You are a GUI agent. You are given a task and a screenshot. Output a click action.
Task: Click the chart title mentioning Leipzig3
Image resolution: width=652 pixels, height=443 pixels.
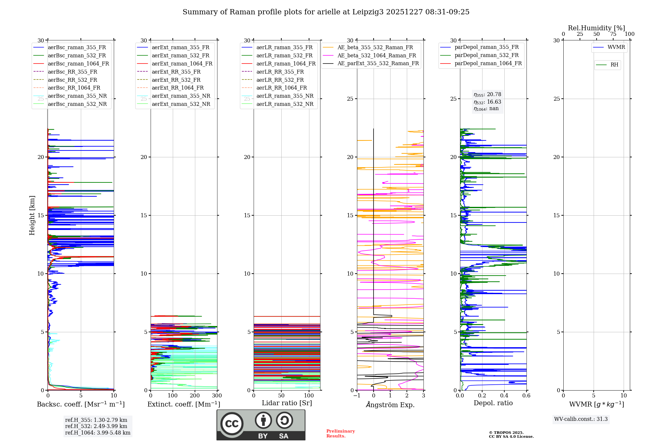coord(326,12)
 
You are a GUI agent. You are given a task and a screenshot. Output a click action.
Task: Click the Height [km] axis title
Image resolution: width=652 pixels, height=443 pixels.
coord(32,215)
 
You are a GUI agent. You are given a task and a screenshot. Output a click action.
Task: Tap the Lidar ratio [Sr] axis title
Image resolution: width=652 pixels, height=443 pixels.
coord(287,403)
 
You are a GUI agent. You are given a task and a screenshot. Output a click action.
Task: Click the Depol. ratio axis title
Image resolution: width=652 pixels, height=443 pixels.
coord(493,403)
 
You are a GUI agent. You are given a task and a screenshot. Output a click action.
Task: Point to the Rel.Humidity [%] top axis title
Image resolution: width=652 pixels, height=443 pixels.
coord(597,28)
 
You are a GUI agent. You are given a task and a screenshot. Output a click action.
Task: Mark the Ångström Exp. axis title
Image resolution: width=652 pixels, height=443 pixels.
coord(390,405)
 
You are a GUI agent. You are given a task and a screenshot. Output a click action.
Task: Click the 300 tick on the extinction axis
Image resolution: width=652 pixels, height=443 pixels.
coord(217,395)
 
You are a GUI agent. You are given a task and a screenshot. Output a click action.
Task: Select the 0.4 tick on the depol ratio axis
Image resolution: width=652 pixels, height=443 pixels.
coord(504,395)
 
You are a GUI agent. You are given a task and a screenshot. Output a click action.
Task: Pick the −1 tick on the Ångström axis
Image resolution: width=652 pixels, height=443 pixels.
coord(357,395)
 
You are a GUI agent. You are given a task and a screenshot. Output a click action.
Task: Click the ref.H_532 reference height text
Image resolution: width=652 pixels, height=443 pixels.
coord(96,426)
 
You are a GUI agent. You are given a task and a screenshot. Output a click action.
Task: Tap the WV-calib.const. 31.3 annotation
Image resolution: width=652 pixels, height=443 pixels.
coord(581,419)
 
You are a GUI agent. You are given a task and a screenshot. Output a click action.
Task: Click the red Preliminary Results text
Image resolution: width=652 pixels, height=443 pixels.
coord(341,434)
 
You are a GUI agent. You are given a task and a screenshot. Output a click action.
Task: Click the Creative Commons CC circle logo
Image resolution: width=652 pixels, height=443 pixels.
coord(232,423)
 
